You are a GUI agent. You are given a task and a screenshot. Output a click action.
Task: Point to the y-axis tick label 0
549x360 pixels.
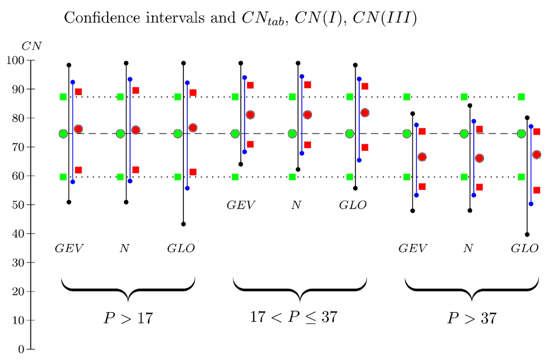point(21,349)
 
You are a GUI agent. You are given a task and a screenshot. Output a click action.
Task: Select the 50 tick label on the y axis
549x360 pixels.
point(18,204)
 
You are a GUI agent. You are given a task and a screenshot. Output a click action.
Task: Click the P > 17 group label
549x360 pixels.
point(128,318)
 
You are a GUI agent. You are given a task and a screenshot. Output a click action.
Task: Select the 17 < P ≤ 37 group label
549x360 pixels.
point(293,317)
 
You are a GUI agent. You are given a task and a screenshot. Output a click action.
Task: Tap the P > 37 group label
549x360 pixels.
point(472,318)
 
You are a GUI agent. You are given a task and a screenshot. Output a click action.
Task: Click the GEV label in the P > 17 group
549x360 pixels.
point(70,248)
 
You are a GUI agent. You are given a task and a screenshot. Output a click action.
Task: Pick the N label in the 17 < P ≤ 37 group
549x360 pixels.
point(295,205)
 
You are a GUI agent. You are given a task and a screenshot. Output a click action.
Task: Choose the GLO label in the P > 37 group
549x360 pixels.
point(524,248)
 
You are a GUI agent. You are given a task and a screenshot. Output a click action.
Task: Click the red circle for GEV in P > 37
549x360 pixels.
point(422,157)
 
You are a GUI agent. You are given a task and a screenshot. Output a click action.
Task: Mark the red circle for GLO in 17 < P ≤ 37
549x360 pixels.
point(365,113)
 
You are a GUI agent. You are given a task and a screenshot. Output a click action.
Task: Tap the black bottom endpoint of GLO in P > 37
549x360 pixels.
point(527,234)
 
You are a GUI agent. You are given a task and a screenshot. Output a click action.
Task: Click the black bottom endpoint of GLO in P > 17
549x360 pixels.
point(183,224)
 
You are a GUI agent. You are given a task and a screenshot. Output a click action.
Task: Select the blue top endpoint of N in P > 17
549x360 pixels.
point(130,79)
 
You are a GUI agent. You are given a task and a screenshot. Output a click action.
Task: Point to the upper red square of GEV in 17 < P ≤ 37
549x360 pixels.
point(250,85)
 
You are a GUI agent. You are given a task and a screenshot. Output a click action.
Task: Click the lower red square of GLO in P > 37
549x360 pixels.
point(537,190)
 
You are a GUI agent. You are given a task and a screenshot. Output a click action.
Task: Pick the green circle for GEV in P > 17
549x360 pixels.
point(63,134)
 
